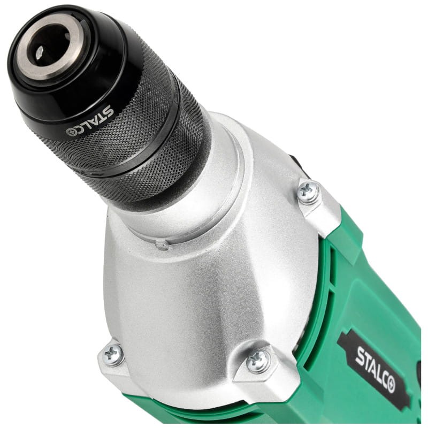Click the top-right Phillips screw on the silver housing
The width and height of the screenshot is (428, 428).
tap(309, 192)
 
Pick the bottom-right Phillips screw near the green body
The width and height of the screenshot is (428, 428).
tap(258, 362)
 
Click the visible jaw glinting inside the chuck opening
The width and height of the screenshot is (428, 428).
tap(39, 52)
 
